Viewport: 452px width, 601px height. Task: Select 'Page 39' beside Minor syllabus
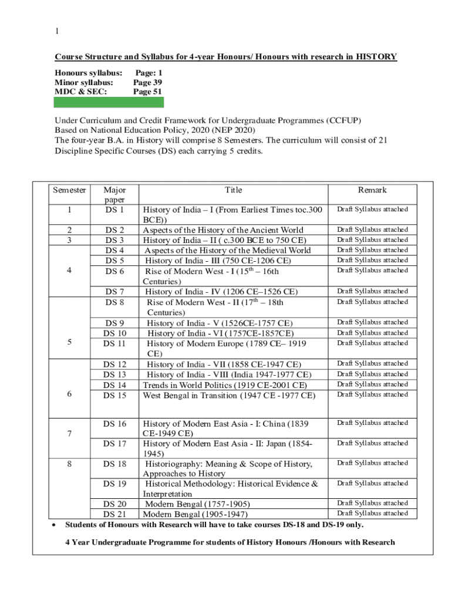coord(147,83)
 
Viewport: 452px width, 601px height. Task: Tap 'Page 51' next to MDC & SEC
coord(147,92)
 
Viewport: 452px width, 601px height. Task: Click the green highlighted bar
coord(109,102)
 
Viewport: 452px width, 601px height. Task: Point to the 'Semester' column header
coord(70,190)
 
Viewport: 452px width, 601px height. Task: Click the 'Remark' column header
coord(372,190)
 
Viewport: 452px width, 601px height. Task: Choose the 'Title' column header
coord(233,190)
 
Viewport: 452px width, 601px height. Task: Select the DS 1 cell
coord(114,210)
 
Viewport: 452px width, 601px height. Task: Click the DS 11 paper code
coord(114,343)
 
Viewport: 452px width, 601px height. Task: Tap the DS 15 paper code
coord(114,395)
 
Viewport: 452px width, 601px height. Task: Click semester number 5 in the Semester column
coord(69,343)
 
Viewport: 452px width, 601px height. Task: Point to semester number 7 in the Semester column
coord(69,434)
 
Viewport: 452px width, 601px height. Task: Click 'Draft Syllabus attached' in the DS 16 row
coord(372,423)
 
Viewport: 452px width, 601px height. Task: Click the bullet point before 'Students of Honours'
coord(54,524)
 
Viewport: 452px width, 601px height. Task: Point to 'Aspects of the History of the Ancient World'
coord(223,229)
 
